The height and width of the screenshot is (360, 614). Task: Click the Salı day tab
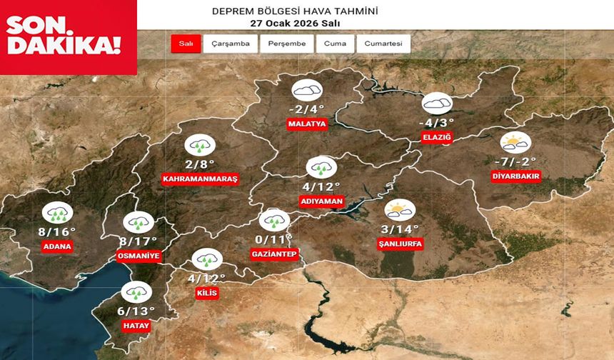[186, 44]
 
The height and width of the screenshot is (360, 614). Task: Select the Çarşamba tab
[231, 44]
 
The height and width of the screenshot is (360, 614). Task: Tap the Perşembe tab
[286, 44]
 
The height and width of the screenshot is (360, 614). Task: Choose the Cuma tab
[335, 44]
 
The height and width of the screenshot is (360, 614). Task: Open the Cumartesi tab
[383, 44]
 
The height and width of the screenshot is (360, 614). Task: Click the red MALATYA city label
[307, 124]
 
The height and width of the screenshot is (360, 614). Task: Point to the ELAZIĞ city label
[438, 138]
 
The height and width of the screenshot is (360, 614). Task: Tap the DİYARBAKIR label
[516, 176]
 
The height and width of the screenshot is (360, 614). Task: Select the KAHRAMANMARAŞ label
[200, 179]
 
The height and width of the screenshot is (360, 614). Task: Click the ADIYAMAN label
[323, 201]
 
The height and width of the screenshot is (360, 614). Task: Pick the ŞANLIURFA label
[400, 244]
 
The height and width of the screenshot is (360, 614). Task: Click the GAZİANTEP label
[274, 254]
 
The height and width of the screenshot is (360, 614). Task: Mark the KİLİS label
[207, 294]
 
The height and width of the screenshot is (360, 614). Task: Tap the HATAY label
[136, 325]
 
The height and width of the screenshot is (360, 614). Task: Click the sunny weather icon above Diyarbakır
[515, 141]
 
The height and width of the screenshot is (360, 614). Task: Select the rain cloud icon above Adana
[56, 212]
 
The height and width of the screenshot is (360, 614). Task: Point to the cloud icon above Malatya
[307, 91]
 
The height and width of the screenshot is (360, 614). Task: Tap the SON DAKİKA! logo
[64, 36]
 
